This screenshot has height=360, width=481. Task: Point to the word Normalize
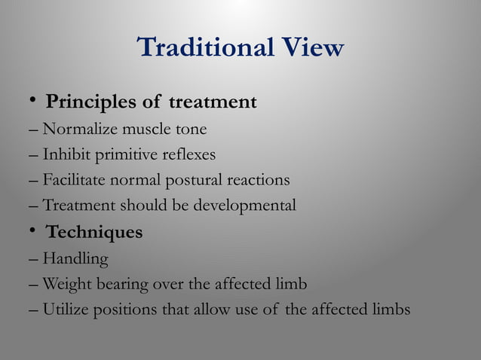[76, 130]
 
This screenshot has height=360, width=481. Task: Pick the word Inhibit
[66, 155]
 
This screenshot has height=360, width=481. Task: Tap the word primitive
[124, 156]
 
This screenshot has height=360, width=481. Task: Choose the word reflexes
[187, 155]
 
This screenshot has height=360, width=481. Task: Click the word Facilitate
[74, 181]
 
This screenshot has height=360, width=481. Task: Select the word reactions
[254, 181]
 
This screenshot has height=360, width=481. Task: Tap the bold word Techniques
[94, 233]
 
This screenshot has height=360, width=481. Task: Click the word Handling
[75, 260]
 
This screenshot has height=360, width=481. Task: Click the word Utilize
[66, 310]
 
